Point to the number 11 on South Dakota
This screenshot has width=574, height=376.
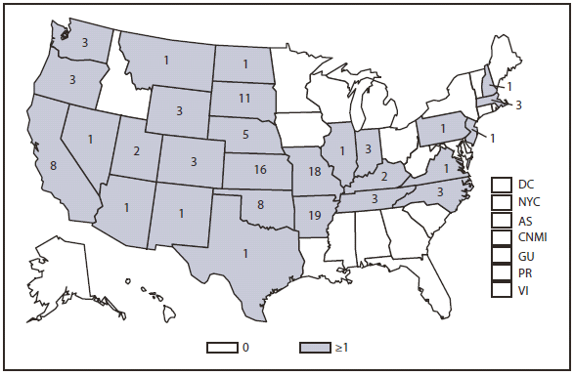[244, 99]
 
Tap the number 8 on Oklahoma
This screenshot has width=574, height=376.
[260, 206]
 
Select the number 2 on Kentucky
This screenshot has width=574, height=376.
[384, 176]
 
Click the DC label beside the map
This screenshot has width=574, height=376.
[526, 184]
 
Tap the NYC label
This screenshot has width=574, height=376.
[529, 201]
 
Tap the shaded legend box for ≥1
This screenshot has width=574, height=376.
[315, 347]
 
